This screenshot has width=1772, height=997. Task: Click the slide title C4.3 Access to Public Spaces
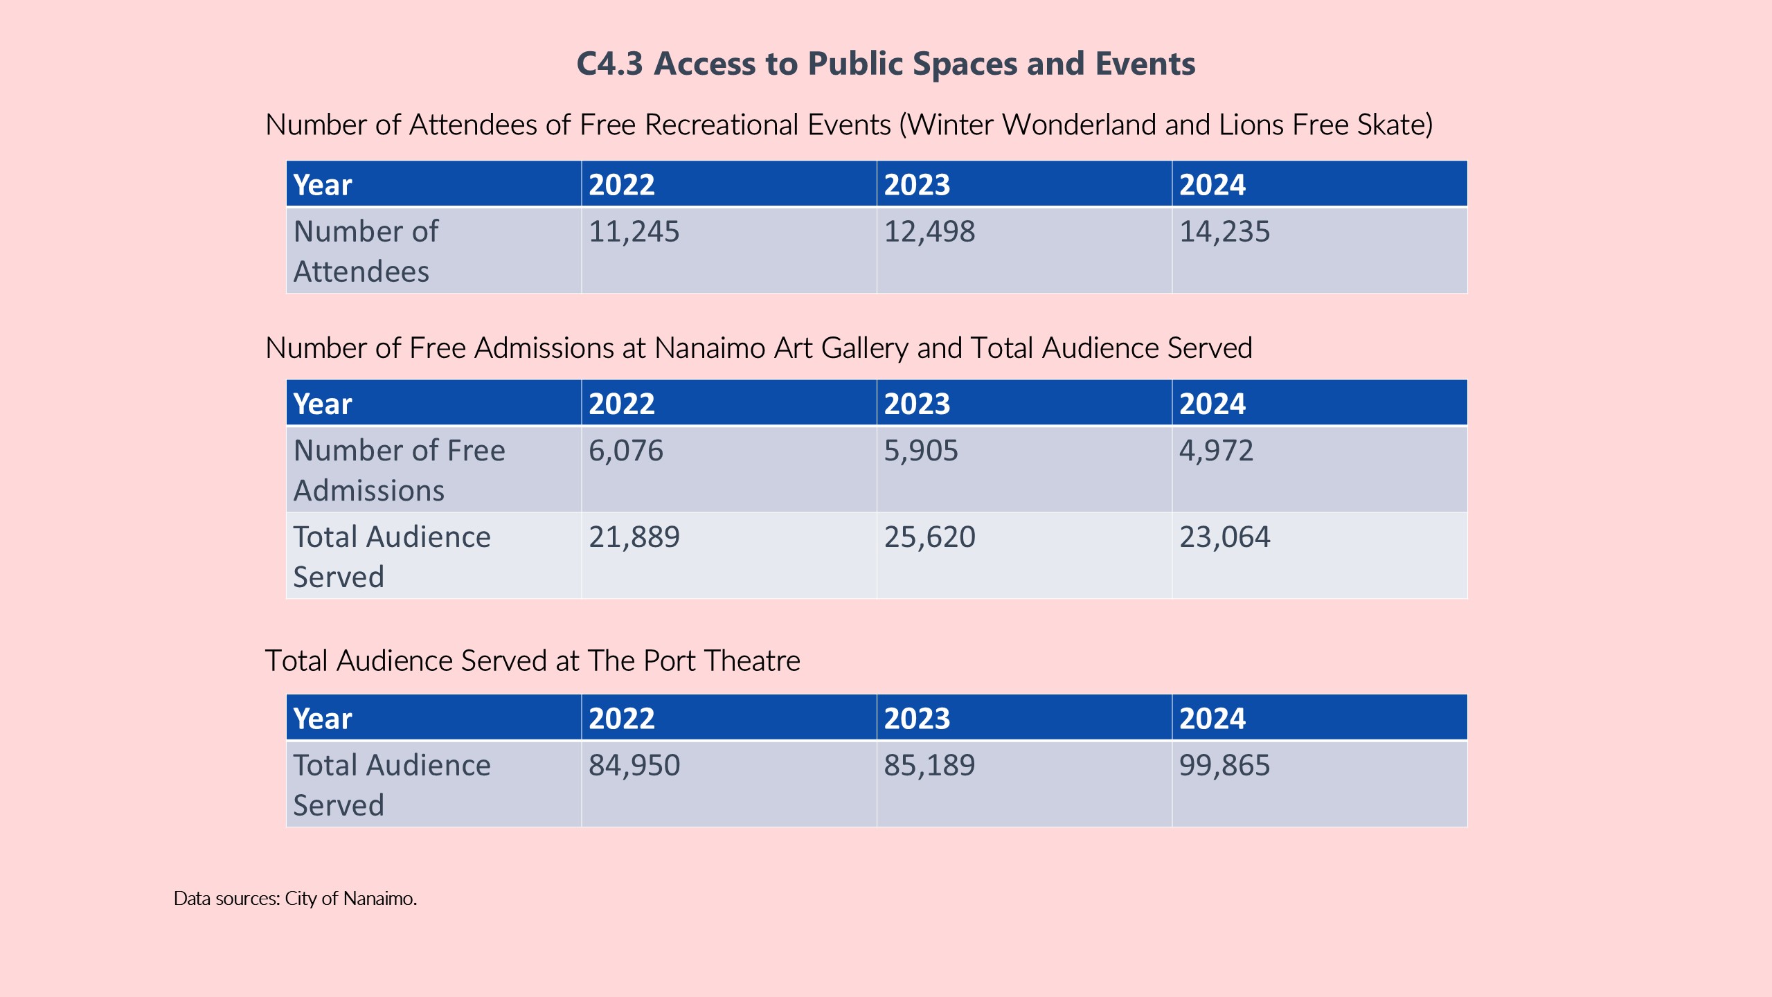pyautogui.click(x=886, y=64)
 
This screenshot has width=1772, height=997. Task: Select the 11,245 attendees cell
pyautogui.click(x=634, y=231)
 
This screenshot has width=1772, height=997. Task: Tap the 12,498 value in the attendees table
pyautogui.click(x=929, y=231)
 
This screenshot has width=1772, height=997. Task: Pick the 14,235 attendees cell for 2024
pyautogui.click(x=1224, y=231)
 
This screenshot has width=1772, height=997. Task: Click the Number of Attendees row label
pyautogui.click(x=366, y=251)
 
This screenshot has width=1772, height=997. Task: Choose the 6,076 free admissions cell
pyautogui.click(x=626, y=451)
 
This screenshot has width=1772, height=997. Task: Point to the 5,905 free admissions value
pyautogui.click(x=921, y=451)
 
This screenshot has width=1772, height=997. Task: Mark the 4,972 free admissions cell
pyautogui.click(x=1216, y=451)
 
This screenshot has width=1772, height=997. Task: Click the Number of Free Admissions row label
pyautogui.click(x=399, y=470)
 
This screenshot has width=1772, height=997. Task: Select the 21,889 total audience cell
pyautogui.click(x=634, y=537)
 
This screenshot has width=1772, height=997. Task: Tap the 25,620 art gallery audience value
pyautogui.click(x=929, y=537)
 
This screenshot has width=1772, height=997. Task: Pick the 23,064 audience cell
pyautogui.click(x=1224, y=537)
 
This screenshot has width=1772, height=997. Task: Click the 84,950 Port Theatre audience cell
pyautogui.click(x=634, y=766)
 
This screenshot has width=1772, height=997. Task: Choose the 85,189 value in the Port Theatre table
pyautogui.click(x=929, y=766)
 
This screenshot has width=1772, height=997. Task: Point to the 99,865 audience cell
pyautogui.click(x=1224, y=766)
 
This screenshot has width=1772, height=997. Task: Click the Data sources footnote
pyautogui.click(x=295, y=899)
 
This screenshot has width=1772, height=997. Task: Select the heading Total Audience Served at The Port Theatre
pyautogui.click(x=533, y=661)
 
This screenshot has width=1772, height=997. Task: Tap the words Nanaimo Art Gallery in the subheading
pyautogui.click(x=781, y=348)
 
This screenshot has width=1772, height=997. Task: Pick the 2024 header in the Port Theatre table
pyautogui.click(x=1212, y=719)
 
